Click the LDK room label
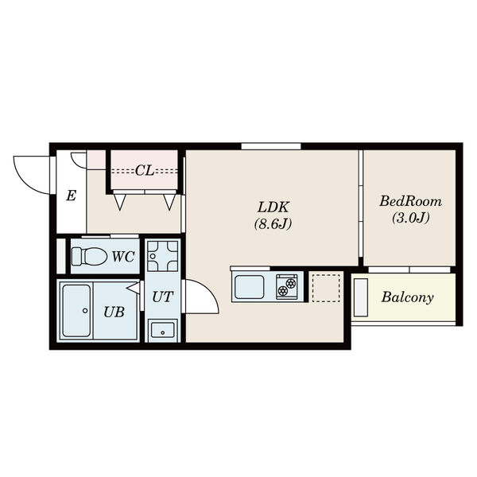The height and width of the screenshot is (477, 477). pyautogui.click(x=273, y=207)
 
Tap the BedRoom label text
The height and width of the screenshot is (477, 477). pyautogui.click(x=410, y=201)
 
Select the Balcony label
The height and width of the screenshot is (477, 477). pyautogui.click(x=407, y=297)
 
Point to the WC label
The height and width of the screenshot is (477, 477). pyautogui.click(x=123, y=257)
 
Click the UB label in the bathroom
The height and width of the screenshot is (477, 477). pyautogui.click(x=114, y=312)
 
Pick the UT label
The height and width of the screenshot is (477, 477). pyautogui.click(x=163, y=297)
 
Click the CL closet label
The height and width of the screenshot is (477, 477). pyautogui.click(x=145, y=171)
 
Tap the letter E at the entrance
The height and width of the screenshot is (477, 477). pyautogui.click(x=72, y=196)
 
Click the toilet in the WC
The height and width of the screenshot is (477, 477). pyautogui.click(x=89, y=256)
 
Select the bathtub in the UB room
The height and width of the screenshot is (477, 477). pyautogui.click(x=76, y=311)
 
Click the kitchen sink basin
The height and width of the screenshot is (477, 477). pyautogui.click(x=250, y=287)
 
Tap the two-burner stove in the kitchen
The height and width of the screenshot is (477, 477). pyautogui.click(x=287, y=287)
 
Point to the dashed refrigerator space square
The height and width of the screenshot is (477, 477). pyautogui.click(x=326, y=288)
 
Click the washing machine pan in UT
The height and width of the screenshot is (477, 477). pyautogui.click(x=163, y=256)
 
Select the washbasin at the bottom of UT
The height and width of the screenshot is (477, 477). pyautogui.click(x=163, y=331)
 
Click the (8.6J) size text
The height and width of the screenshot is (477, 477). pyautogui.click(x=273, y=224)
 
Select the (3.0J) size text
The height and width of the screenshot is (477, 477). pyautogui.click(x=410, y=218)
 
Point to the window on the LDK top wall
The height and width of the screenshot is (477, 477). pyautogui.click(x=271, y=146)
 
